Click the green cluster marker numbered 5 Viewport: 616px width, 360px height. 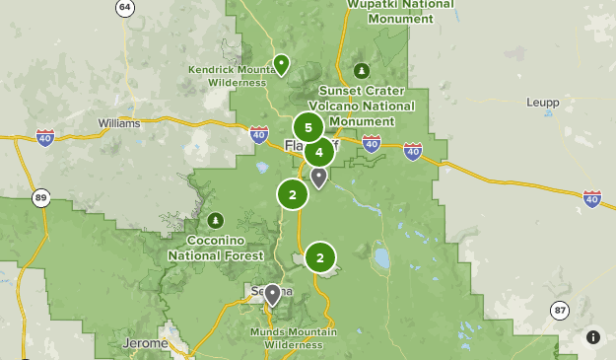pos(308,128)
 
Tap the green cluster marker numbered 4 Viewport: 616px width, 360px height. pos(319,153)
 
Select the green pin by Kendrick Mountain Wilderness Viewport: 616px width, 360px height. pos(281,65)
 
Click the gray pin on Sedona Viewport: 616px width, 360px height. pos(272,294)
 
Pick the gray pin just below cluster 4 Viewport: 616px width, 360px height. pos(318,178)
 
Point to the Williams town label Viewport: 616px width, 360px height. pos(119,123)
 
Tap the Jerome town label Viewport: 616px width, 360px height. pos(145,343)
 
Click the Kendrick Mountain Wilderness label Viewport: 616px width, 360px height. pos(229,76)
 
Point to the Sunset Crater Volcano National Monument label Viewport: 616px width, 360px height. pos(361,106)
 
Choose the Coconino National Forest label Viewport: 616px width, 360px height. pos(216,248)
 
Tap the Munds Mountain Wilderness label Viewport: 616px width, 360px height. pos(286,338)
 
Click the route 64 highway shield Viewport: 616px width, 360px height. pos(124,8)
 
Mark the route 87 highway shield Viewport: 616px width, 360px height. pos(560,310)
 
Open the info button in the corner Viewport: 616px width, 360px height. pos(593,337)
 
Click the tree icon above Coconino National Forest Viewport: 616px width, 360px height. pos(216,219)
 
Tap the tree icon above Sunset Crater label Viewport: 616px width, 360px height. pos(362,71)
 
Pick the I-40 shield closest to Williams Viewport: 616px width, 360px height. pos(44,138)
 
